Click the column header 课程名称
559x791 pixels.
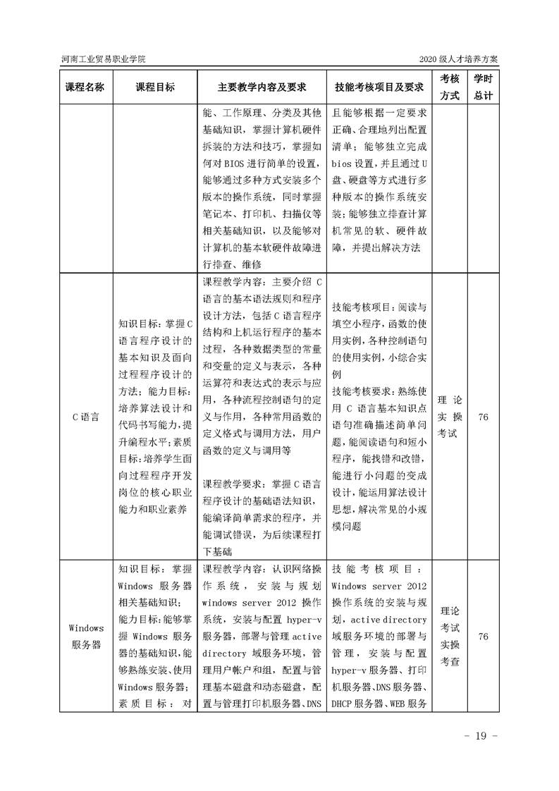click(85, 87)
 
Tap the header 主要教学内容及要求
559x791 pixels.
click(262, 87)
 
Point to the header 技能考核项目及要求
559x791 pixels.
click(379, 87)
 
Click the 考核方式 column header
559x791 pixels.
click(450, 87)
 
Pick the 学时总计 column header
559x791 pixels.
click(483, 87)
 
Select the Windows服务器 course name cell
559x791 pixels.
click(85, 636)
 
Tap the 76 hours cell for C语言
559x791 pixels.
click(483, 417)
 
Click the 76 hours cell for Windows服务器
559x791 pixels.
click(483, 636)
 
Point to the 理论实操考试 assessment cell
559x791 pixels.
click(450, 416)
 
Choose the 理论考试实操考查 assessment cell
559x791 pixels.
click(450, 636)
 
